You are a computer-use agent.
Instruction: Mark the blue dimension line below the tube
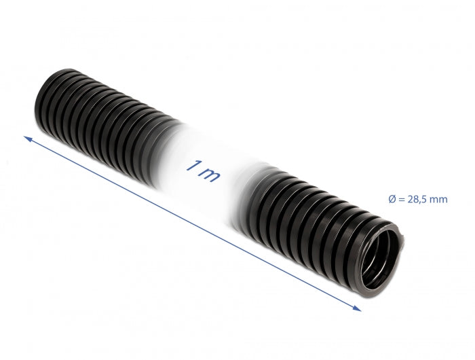coord(190,222)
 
